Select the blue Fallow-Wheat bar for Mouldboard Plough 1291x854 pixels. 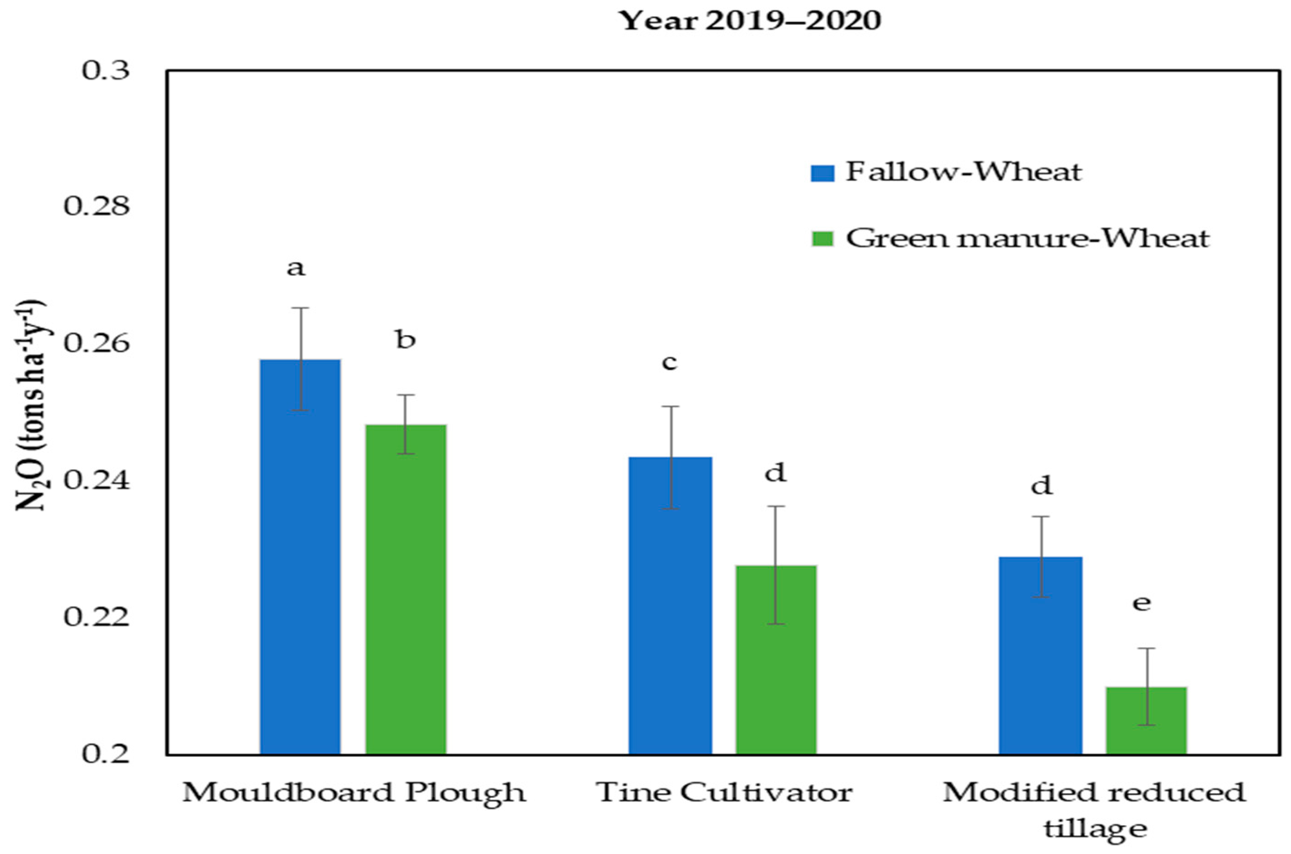pos(300,555)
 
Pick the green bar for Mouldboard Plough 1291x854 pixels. pos(406,588)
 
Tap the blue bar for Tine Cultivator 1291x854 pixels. pos(670,605)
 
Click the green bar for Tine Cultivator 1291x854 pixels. pos(776,659)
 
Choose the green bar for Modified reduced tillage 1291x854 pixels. pos(1146,720)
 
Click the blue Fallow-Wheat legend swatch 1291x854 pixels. pos(823,173)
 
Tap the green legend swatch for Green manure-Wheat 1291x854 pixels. pos(823,238)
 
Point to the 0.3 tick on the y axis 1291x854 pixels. pos(106,71)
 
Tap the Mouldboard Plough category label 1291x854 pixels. pos(354,792)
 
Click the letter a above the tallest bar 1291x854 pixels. pos(296,268)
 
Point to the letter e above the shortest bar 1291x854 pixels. pos(1142,603)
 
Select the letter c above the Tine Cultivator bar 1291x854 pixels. pos(669,362)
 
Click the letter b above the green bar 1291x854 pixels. pos(406,341)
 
